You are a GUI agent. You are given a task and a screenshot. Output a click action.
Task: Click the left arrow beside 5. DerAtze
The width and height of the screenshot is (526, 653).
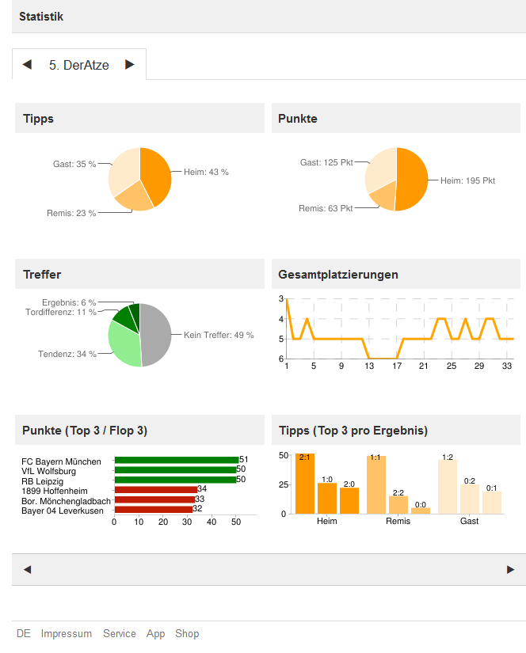point(27,65)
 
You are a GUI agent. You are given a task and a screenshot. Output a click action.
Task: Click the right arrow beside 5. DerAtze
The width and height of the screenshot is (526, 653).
point(130,65)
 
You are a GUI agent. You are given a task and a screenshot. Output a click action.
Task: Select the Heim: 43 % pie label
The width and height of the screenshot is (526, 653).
point(206,172)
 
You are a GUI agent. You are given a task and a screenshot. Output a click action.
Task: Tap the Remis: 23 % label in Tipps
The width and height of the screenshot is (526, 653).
point(71,213)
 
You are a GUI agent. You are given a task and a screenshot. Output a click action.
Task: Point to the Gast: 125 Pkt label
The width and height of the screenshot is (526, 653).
point(326,162)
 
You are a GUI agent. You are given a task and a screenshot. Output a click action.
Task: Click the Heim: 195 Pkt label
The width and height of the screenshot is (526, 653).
point(467,180)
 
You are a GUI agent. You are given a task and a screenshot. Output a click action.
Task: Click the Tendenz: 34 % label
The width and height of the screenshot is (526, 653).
point(67,354)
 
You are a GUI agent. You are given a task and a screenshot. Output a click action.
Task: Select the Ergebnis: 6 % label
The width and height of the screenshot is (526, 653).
point(69,302)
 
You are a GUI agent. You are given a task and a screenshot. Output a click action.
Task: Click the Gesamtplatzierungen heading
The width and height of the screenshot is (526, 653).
point(338,275)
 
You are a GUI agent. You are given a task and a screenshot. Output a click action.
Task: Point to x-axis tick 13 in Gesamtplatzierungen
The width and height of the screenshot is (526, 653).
point(368,366)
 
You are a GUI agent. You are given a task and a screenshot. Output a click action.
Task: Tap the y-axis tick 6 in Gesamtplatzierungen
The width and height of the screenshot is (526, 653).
point(280,359)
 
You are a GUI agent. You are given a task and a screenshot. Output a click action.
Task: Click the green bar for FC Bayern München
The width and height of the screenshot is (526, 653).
point(176,460)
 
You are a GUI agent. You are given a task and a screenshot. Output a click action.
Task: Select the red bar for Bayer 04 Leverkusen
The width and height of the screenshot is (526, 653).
point(153,509)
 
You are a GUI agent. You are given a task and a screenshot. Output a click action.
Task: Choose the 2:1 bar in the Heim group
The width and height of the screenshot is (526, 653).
point(305,484)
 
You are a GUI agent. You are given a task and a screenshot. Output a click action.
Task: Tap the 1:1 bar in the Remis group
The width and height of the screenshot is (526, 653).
point(376,484)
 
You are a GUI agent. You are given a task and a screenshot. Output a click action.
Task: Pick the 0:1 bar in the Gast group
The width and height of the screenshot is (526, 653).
point(492,503)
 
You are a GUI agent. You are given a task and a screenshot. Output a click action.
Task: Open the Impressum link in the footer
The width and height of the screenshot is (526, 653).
point(67,634)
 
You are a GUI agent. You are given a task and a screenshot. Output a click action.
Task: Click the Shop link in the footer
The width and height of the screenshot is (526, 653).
point(187,634)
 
